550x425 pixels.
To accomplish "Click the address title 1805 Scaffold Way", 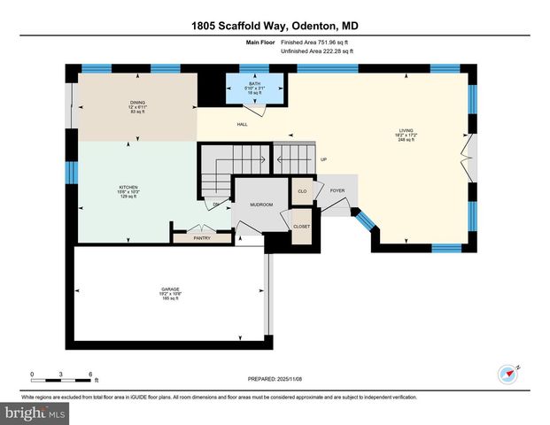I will click(x=275, y=26).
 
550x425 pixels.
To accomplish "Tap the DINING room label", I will click(x=137, y=103).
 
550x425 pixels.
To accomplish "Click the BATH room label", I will click(x=255, y=84).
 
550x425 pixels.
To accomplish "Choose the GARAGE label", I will click(x=171, y=289).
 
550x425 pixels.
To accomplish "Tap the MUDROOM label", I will click(x=261, y=205).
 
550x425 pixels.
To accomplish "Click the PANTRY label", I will click(x=203, y=237).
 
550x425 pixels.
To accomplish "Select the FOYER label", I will click(x=337, y=190).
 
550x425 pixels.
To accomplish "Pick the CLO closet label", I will click(x=302, y=190).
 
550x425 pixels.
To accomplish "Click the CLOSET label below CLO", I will click(x=302, y=226).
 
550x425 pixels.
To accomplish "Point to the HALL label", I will click(x=241, y=125).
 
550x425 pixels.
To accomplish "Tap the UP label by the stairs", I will click(x=323, y=160).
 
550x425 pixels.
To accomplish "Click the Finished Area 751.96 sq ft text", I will click(x=314, y=42).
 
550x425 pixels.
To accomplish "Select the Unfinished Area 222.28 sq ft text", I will click(x=316, y=51).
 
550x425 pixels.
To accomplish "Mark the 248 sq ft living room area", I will click(x=404, y=140).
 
